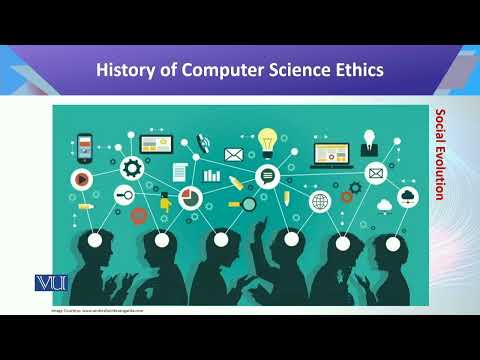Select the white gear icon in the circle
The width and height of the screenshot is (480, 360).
(131, 166)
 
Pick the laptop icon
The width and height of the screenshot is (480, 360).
(329, 154)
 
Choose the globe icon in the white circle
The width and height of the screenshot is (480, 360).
(320, 202)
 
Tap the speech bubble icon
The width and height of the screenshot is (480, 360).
(267, 177)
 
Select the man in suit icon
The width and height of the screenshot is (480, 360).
(369, 141)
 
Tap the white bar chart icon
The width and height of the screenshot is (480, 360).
(211, 175)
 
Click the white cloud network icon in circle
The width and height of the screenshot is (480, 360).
(407, 198)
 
